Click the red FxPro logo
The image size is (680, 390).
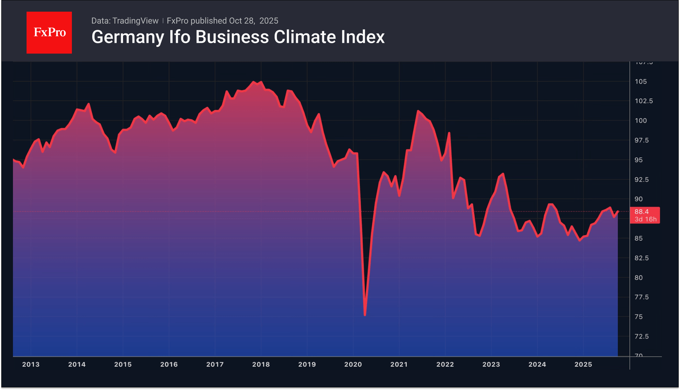(x=49, y=33)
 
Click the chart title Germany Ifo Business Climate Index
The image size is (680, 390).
(x=238, y=37)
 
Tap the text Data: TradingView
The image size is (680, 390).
(x=125, y=21)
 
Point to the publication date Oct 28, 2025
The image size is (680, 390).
(x=254, y=21)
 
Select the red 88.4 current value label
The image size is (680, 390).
(x=645, y=215)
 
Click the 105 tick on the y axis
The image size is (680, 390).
(x=640, y=82)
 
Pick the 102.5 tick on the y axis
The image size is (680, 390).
(x=643, y=101)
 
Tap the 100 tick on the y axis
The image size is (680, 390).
(x=640, y=121)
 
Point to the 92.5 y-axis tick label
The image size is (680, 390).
(x=641, y=179)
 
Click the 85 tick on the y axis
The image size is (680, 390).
(x=638, y=238)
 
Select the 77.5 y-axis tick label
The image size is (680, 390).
(x=641, y=297)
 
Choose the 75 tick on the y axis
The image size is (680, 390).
(x=638, y=317)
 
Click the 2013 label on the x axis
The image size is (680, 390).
(x=31, y=364)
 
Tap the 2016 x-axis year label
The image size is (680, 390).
(x=169, y=364)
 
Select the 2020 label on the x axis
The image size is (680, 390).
(x=353, y=364)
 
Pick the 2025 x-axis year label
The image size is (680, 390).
(x=583, y=364)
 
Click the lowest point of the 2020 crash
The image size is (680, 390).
(x=365, y=315)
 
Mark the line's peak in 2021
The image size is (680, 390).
(x=418, y=111)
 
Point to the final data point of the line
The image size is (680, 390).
(x=618, y=212)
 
